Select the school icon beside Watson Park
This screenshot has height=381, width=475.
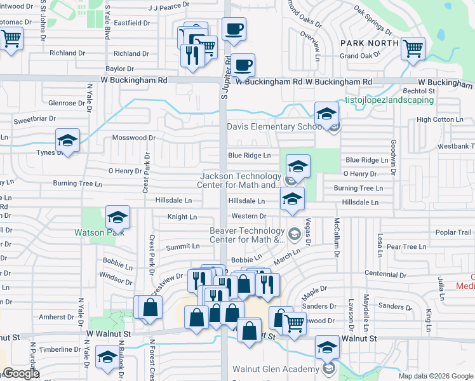pos(117,218)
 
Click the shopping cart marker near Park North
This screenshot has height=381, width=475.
pos(413,48)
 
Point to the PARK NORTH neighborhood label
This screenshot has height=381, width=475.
pos(370,43)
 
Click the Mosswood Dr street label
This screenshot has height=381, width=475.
pos(133,138)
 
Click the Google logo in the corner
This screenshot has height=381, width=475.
pos(22,373)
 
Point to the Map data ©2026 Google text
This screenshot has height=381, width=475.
pos(435,376)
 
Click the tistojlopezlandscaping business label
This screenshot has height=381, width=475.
pos(389,100)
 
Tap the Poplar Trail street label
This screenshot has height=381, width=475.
pos(453,232)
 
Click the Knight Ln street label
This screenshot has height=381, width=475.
pos(182,217)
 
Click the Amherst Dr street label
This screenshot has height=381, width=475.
pos(57,316)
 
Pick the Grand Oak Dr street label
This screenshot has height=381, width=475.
pos(359,56)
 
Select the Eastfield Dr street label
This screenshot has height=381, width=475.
pos(133,23)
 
